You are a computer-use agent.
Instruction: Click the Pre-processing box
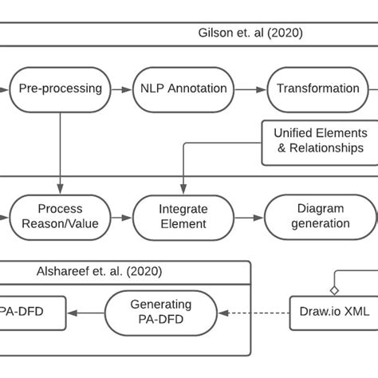60,89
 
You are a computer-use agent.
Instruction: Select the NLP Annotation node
183,89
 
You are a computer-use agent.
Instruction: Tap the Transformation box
317,89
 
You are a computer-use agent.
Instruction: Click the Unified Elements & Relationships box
320,141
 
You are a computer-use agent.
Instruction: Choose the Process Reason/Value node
61,216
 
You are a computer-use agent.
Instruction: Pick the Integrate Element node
183,216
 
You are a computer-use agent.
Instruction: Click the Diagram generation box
320,216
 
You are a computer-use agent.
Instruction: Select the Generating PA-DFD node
160,312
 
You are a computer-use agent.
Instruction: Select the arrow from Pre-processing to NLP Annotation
120,89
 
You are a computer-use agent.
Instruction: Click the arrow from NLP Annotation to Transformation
249,89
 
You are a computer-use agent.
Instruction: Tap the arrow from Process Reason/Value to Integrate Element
121,216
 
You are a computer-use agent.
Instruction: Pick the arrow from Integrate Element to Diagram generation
248,216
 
